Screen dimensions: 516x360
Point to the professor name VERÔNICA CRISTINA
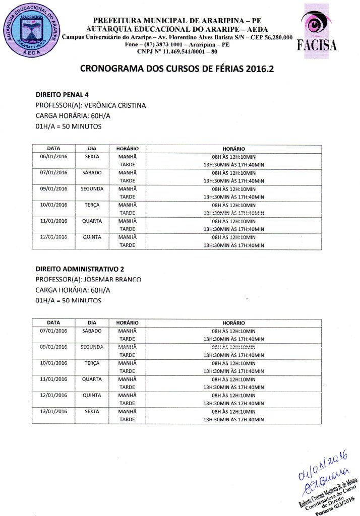(x=115, y=105)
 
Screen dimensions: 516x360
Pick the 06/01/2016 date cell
(x=53, y=156)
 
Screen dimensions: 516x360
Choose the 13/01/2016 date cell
(x=53, y=411)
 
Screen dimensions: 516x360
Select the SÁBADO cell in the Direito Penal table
(x=92, y=172)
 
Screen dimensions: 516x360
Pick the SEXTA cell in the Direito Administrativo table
(x=92, y=411)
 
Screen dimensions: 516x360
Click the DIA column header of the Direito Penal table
(x=92, y=149)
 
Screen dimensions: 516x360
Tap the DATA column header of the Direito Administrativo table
(x=53, y=322)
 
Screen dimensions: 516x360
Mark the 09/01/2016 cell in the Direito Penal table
(x=53, y=188)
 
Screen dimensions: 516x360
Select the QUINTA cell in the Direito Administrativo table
(x=92, y=395)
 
